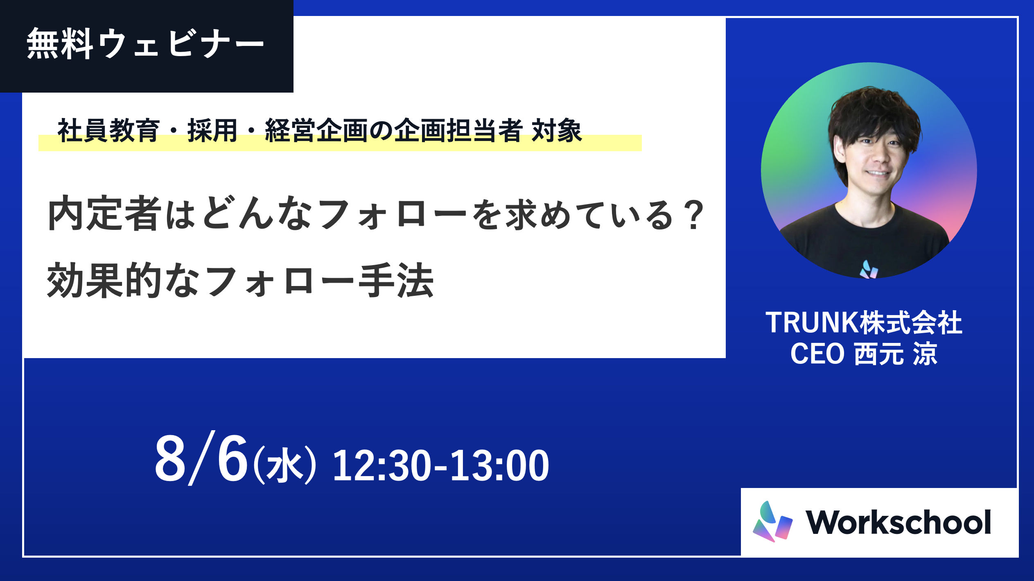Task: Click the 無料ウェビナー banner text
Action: (146, 44)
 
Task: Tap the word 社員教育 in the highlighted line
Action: (108, 131)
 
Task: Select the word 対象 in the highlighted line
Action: (557, 131)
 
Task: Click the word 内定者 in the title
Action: (105, 213)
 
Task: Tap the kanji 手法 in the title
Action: (396, 281)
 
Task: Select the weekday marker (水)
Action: (285, 465)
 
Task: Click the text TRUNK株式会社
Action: (864, 323)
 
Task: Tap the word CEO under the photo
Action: (817, 354)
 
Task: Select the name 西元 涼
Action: (896, 354)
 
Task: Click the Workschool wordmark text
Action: (899, 522)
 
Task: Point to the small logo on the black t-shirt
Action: (869, 270)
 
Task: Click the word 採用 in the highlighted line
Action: (212, 131)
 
